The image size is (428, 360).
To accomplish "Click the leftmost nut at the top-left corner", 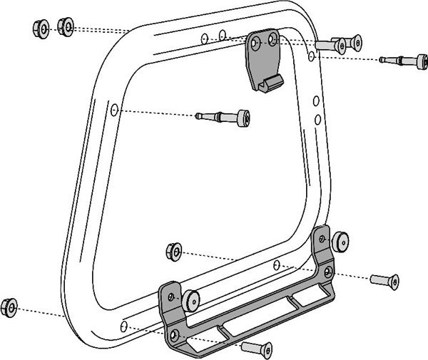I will click(x=41, y=29).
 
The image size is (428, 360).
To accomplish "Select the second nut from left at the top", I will click(x=64, y=27).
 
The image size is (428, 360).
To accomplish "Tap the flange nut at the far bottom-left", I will click(x=9, y=307).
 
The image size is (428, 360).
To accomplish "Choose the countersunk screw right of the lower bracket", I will click(x=384, y=280).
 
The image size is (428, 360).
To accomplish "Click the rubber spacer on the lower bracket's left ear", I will click(x=190, y=299).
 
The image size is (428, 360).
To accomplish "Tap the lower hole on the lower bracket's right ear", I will click(x=327, y=272).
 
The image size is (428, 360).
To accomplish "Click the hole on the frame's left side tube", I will click(x=114, y=111).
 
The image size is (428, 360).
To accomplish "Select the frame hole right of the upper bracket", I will click(x=312, y=55).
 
